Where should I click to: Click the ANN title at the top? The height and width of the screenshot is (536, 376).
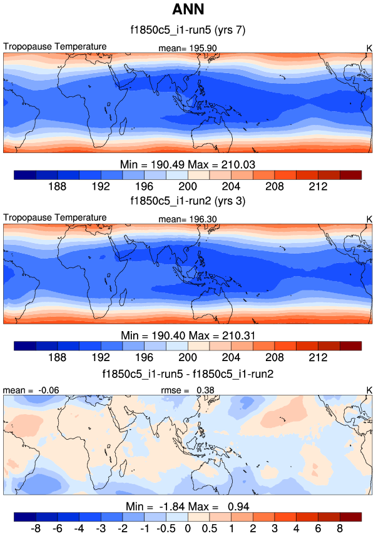point(188,11)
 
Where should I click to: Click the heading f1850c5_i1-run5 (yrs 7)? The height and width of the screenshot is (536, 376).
point(188,29)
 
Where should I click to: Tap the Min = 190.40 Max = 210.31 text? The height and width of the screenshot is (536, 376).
point(188,335)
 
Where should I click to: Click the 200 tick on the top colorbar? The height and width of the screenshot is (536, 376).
point(188,186)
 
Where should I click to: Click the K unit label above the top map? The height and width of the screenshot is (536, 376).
point(368,47)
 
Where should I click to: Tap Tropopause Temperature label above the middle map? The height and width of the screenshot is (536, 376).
point(55,217)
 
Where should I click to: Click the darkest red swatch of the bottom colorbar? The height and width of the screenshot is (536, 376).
point(351,517)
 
